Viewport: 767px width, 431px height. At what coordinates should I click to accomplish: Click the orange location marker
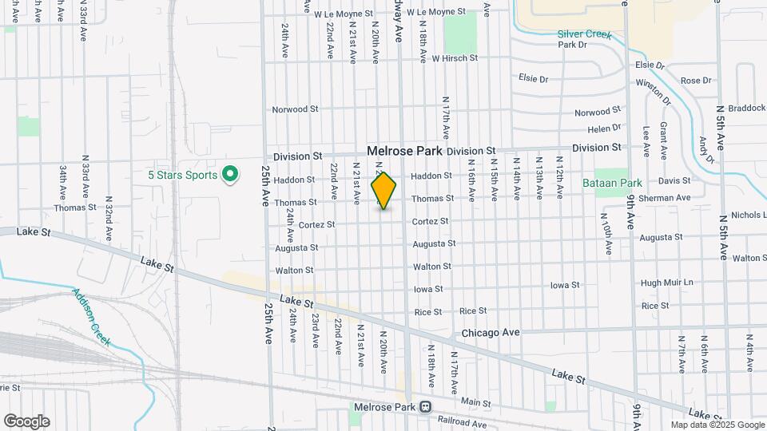(384, 190)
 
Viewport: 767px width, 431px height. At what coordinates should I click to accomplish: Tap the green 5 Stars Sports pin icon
(230, 172)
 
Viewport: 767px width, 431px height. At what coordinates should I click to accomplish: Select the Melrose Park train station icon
(425, 406)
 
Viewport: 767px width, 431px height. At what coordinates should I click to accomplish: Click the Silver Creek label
(584, 34)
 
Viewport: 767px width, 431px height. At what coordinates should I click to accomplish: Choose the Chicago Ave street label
(490, 331)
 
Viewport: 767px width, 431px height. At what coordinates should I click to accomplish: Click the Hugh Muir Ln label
(667, 283)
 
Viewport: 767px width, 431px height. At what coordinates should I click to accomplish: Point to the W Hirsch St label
(454, 58)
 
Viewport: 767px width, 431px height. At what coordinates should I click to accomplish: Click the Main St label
(475, 401)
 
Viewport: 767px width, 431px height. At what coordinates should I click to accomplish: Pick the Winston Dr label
(654, 91)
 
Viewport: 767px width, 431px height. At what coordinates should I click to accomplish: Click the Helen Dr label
(604, 128)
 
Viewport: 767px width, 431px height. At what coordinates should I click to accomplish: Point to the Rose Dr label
(695, 81)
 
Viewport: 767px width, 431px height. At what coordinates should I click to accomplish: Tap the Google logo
(26, 421)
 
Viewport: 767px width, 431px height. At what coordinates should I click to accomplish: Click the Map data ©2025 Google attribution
(717, 425)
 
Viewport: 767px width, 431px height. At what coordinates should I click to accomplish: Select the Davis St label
(674, 181)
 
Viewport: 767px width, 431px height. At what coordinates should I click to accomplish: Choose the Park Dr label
(572, 45)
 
